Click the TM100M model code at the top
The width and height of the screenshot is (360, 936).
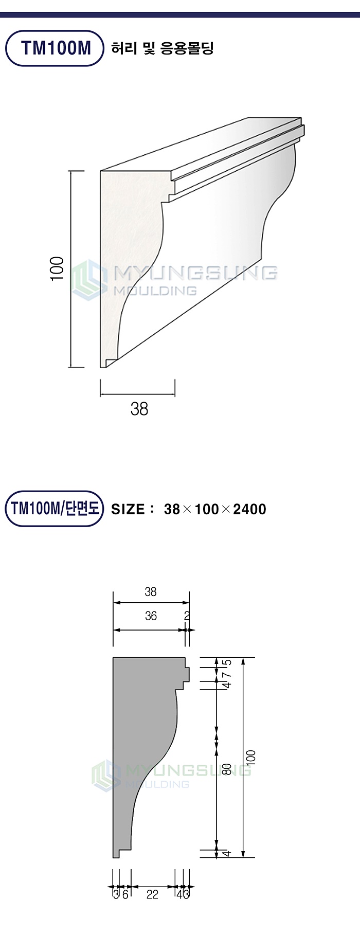56,48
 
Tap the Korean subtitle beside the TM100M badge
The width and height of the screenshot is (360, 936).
163,48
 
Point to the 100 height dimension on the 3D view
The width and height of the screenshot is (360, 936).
57,268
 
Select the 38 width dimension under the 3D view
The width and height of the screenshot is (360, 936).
139,409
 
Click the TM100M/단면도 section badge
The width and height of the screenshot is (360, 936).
55,509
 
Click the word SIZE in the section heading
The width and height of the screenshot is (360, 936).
128,509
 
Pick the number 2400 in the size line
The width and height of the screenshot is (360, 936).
249,509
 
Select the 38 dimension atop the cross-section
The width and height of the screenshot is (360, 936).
151,592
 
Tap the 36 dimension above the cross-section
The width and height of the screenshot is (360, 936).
151,616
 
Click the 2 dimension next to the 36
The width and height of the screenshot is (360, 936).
187,616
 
